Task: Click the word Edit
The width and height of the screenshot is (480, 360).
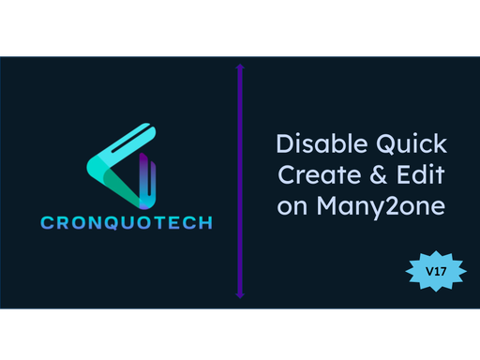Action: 420,175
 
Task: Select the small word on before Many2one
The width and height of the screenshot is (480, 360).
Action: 292,205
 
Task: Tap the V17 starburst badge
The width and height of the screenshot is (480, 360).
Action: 434,270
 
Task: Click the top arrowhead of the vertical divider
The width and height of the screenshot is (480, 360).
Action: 240,67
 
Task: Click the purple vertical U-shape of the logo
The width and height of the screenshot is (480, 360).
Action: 148,183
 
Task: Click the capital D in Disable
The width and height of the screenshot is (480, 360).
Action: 284,145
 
